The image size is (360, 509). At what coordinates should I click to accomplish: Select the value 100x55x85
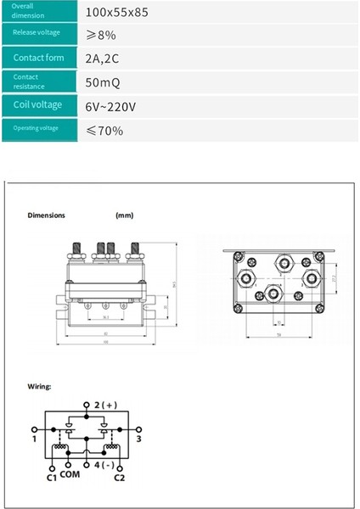[117, 12]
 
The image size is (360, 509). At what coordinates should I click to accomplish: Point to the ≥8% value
[102, 34]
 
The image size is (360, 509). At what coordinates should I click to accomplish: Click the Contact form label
[39, 58]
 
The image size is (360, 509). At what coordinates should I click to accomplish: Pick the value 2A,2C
[104, 58]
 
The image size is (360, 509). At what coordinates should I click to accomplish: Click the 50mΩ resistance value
[104, 82]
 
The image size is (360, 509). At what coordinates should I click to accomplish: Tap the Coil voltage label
[39, 105]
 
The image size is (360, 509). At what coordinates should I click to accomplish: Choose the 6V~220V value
[112, 106]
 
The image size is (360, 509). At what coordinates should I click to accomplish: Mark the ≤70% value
[104, 131]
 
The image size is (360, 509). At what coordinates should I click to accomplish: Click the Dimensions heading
[46, 215]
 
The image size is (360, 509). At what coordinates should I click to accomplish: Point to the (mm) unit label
[125, 215]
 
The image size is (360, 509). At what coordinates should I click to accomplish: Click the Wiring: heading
[39, 387]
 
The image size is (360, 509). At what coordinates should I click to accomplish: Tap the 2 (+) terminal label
[105, 406]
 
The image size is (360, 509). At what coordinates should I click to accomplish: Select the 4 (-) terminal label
[104, 467]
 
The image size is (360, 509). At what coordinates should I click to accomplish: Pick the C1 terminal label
[49, 478]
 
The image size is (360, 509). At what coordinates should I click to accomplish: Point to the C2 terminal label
[120, 478]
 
